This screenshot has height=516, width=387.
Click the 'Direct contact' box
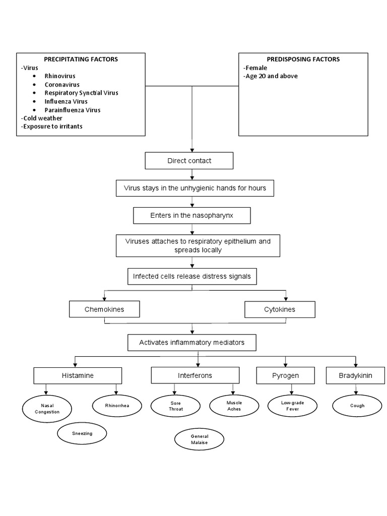(x=189, y=161)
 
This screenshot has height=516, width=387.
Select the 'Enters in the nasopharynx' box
(x=191, y=215)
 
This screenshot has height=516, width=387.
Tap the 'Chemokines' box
(x=104, y=309)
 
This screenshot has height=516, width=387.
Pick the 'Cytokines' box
(x=280, y=309)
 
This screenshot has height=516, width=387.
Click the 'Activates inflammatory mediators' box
(x=191, y=343)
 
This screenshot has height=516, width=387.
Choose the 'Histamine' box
(x=78, y=375)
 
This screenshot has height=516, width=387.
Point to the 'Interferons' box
(x=195, y=375)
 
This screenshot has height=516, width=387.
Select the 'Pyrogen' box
(x=285, y=375)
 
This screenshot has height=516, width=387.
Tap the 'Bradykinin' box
(x=356, y=375)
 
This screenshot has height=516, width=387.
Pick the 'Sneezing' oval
(x=82, y=433)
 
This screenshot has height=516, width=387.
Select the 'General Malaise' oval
(x=199, y=439)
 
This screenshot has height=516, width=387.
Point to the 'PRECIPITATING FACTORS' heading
(x=81, y=59)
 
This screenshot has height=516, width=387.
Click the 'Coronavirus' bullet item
(x=62, y=85)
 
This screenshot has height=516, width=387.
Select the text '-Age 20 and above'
(x=270, y=76)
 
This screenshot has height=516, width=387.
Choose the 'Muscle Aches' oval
(x=234, y=406)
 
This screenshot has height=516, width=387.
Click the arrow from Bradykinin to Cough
(x=357, y=389)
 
